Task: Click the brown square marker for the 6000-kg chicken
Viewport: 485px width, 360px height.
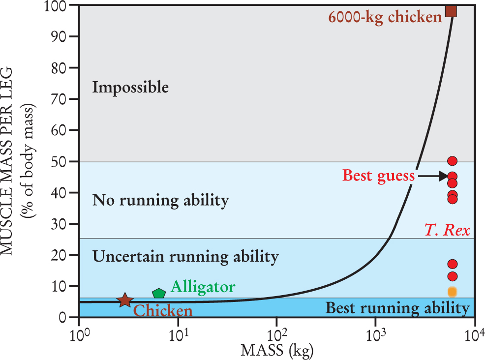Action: coord(451,11)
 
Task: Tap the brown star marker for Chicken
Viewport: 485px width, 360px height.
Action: coord(125,300)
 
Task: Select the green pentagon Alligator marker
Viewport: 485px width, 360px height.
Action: coord(158,294)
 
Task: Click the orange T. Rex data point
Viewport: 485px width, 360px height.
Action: coord(453,292)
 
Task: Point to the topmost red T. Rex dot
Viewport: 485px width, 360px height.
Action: coord(453,161)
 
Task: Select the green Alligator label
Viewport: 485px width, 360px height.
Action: coord(203,287)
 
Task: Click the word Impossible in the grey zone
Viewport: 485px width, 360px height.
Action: coord(130,88)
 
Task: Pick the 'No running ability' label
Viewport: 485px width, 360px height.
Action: coord(160,201)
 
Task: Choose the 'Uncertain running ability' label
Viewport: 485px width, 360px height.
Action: coord(185,256)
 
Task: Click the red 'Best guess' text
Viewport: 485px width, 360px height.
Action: coord(378,176)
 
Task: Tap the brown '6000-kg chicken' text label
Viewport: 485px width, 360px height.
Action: coord(385,18)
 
